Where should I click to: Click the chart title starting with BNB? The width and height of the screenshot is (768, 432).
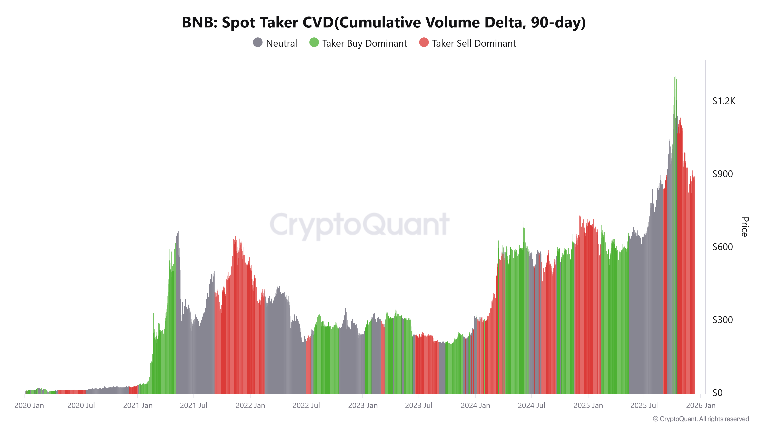click(384, 22)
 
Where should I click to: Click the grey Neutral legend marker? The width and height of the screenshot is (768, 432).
click(258, 43)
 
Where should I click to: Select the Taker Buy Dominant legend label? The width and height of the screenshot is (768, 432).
click(364, 44)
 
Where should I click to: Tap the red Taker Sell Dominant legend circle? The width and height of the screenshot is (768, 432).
click(424, 43)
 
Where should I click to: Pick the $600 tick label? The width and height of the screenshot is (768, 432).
click(722, 247)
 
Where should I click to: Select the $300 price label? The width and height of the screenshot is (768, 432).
click(722, 320)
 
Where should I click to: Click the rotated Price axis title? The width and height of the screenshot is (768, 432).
click(744, 227)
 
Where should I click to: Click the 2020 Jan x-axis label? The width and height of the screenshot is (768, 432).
click(29, 406)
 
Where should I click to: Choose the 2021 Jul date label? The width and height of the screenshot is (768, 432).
click(194, 406)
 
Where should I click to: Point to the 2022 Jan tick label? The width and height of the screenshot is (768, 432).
click(250, 406)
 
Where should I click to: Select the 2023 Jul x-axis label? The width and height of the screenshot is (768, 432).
click(419, 406)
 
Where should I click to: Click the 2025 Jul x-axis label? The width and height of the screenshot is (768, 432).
click(644, 406)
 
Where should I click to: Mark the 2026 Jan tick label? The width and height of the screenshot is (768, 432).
click(700, 406)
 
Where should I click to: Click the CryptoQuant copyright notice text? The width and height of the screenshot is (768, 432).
click(701, 419)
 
